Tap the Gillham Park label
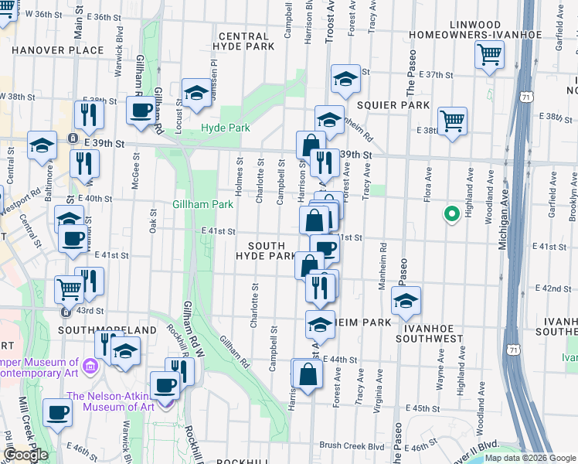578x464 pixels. [202, 204]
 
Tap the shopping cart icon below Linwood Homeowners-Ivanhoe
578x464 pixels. [489, 56]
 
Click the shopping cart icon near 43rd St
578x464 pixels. [69, 289]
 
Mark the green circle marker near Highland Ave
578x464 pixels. [449, 215]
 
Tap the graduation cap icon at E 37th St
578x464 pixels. [345, 78]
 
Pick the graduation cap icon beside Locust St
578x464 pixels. [196, 94]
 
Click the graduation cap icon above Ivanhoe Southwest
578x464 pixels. [405, 301]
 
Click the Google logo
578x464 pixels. [26, 455]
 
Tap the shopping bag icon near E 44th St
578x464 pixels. [308, 374]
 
